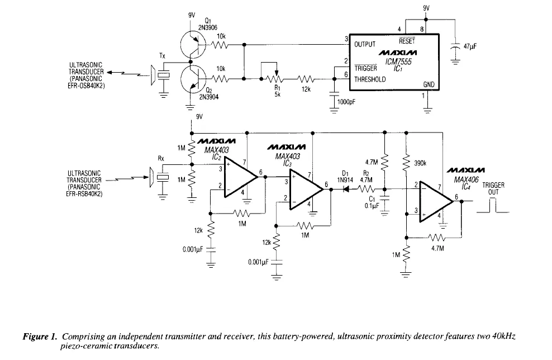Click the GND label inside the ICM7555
click(x=429, y=84)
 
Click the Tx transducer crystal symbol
click(x=163, y=76)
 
